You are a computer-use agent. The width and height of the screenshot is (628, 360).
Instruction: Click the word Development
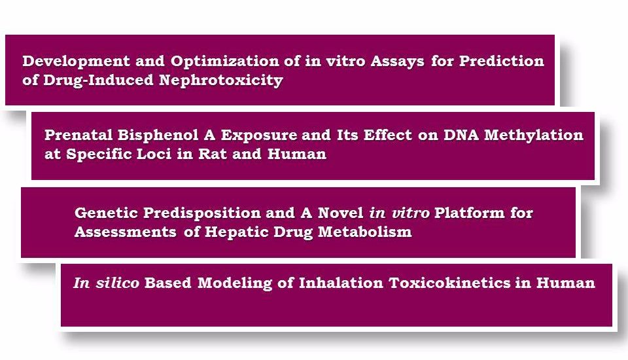coord(76,62)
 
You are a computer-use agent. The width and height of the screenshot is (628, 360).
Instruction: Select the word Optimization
coord(224,61)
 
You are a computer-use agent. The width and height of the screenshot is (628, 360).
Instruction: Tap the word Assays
coord(397,62)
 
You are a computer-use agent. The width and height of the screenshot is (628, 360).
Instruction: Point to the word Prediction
coord(502,61)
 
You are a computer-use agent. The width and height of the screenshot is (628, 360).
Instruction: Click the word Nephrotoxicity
coord(221,80)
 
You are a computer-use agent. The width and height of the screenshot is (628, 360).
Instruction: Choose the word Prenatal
coord(78,135)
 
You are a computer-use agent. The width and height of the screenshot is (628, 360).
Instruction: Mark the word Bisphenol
coord(158,135)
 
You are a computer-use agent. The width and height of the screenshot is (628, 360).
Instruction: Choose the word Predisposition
coord(202,213)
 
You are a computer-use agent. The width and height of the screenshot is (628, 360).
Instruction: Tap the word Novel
coord(340,213)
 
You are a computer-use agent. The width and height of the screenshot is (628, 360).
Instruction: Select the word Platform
coord(470,213)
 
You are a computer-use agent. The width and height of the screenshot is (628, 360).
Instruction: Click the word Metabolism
coord(365,232)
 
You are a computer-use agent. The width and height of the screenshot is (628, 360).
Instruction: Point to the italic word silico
coord(117,283)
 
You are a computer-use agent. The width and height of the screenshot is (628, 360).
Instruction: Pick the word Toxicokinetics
coord(450,283)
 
